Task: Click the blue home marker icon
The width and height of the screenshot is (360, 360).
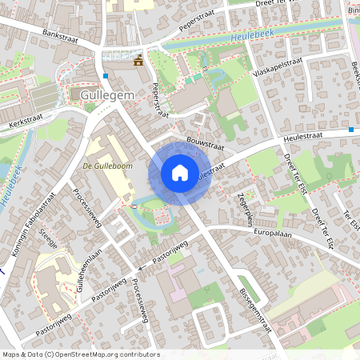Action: [180, 173]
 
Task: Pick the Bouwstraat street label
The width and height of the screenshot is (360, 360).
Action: [202, 139]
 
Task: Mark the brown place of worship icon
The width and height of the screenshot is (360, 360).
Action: [139, 60]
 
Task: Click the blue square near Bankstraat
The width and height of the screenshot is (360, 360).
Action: [106, 76]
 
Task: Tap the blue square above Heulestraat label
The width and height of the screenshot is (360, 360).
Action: [351, 130]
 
